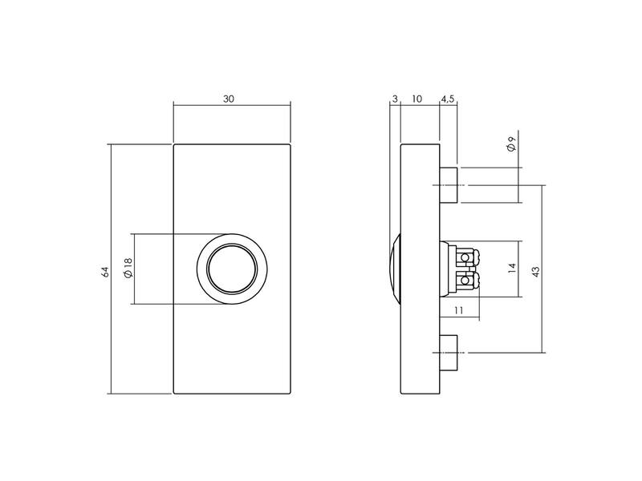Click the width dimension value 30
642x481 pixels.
(x=229, y=99)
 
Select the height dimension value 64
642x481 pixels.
(x=105, y=272)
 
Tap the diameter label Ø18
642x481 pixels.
(x=128, y=268)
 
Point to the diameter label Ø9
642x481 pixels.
(x=510, y=144)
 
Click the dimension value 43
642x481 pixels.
(x=535, y=272)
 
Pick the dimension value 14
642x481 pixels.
(x=511, y=269)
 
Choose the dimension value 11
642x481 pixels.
(x=458, y=310)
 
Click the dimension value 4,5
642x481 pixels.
(x=448, y=99)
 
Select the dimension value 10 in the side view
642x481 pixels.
(x=416, y=99)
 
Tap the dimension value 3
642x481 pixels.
(x=395, y=99)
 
